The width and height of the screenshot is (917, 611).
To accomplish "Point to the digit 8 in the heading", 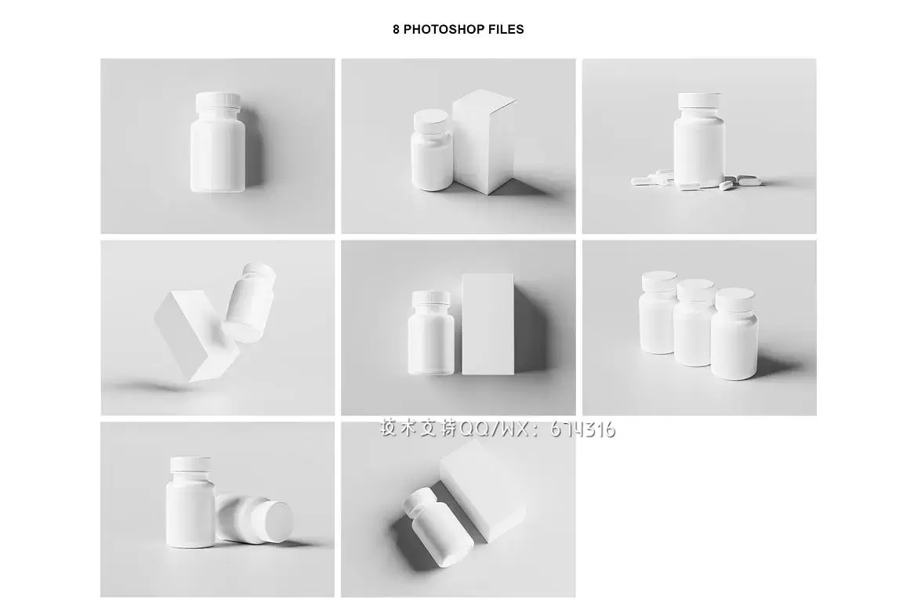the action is click(x=396, y=29).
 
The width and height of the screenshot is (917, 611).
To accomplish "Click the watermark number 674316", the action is click(x=582, y=430).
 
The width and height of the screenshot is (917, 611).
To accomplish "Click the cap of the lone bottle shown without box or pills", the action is click(x=218, y=102).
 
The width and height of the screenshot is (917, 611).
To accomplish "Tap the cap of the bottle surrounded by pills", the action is click(x=699, y=100).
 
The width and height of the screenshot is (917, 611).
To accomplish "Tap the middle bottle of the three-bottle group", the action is click(x=694, y=322).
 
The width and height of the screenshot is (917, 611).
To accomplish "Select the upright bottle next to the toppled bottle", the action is click(x=190, y=503).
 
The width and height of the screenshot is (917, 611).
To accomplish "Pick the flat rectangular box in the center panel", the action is click(x=487, y=324).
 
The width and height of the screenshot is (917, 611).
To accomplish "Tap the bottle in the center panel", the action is click(x=430, y=333).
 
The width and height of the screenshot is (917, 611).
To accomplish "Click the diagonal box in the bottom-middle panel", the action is click(x=483, y=490).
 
